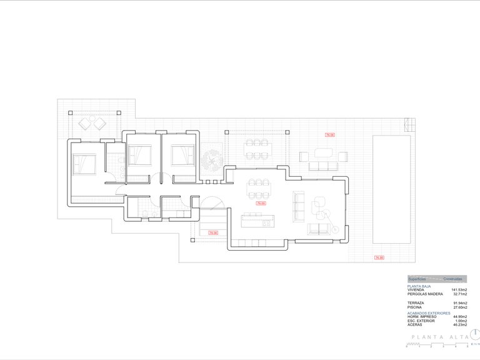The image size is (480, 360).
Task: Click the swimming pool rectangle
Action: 391,190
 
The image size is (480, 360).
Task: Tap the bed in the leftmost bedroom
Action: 84,164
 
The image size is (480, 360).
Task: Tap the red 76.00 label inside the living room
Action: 261,202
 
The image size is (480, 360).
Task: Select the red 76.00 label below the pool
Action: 379,257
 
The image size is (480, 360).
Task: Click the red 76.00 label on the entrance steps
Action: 212,233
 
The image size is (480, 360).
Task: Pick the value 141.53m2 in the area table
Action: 459,290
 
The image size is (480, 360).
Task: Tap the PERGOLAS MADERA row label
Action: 425,294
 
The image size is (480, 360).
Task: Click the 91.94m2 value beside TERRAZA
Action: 459,302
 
